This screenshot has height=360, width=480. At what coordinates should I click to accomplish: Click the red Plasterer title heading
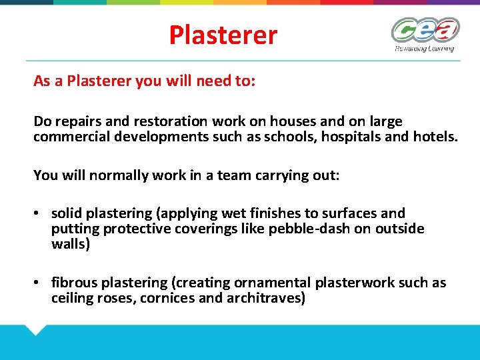223,35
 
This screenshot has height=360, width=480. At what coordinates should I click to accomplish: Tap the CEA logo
425,31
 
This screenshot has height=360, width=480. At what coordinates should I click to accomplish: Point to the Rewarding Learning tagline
424,49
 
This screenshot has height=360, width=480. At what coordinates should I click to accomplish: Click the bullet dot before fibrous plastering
39,283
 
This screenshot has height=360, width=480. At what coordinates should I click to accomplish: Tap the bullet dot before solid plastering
39,214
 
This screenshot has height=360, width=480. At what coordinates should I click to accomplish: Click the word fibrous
75,283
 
